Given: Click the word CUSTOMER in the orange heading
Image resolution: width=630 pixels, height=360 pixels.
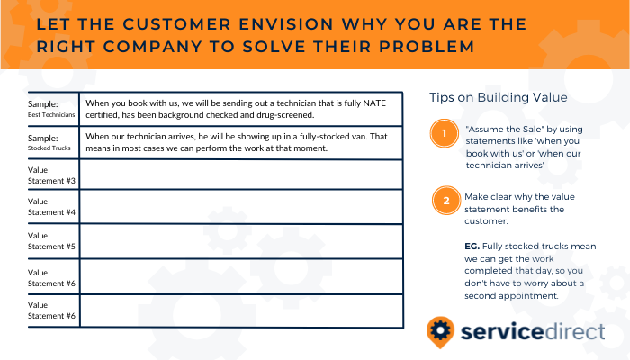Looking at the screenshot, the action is [x=176, y=24].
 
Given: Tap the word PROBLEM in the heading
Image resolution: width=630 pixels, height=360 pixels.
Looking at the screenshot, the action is [x=427, y=47].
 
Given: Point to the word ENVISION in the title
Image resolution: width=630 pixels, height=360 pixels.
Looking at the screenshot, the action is [x=286, y=24].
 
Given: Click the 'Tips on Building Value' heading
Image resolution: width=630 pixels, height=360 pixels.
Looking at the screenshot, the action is [x=499, y=97].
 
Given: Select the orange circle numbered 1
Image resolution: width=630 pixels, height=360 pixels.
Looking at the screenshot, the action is [x=444, y=133].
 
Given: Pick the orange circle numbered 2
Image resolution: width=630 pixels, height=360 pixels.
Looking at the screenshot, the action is [x=446, y=201].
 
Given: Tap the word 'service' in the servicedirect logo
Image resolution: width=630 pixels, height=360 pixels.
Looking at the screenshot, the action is [x=502, y=332].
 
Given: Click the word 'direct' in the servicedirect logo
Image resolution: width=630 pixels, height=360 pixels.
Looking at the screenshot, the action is [x=575, y=332].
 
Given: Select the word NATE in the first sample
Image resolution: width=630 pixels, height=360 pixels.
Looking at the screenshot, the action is [x=374, y=103].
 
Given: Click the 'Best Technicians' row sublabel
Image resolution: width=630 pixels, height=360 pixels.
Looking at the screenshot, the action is [x=51, y=115].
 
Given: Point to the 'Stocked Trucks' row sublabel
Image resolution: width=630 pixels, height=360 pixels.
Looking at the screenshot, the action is [x=49, y=148].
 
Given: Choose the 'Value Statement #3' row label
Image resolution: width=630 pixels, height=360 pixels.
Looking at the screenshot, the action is [x=51, y=175].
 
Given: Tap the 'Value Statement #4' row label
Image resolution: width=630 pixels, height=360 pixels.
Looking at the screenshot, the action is [x=51, y=206].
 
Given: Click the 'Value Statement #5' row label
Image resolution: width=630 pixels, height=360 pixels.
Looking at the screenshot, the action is [x=51, y=240].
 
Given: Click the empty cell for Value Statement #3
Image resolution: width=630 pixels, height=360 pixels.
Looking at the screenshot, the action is [x=241, y=175].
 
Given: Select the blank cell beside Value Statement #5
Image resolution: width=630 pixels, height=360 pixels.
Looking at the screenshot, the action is [x=241, y=241].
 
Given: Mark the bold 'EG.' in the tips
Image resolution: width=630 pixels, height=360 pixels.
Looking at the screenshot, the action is [x=472, y=247].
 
